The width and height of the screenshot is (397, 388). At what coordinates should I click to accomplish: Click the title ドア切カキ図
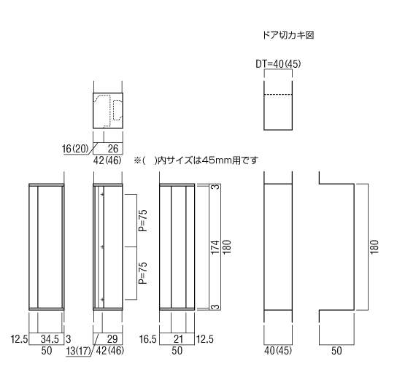[x=288, y=35]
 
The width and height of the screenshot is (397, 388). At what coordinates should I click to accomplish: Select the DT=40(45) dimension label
[x=278, y=64]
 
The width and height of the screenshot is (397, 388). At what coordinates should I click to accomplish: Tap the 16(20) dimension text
[x=75, y=149]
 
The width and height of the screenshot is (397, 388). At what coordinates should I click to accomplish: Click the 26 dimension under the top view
[x=113, y=149]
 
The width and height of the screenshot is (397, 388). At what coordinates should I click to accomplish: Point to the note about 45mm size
[x=196, y=160]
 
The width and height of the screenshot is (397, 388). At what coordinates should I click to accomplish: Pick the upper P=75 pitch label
[x=143, y=220]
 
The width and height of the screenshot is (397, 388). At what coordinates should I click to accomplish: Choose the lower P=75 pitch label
[x=143, y=273]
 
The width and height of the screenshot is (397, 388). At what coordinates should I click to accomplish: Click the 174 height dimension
[x=215, y=247]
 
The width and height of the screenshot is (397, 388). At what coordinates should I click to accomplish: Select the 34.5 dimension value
[x=50, y=339]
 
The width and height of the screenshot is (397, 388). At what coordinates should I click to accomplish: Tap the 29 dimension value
[x=112, y=339]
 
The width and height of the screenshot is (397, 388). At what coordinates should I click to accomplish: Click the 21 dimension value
[x=178, y=339]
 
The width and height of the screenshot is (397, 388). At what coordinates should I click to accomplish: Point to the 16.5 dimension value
[x=148, y=339]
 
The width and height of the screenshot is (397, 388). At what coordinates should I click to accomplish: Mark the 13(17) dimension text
[x=78, y=351]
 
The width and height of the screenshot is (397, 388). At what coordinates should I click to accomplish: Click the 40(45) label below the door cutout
[x=278, y=351]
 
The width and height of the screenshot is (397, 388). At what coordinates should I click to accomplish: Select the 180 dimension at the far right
[x=374, y=247]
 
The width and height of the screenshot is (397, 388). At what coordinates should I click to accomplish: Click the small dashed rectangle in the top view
[x=118, y=110]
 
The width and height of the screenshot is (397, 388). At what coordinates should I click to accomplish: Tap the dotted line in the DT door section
[x=278, y=94]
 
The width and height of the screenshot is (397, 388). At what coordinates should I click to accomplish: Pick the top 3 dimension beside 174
[x=216, y=187]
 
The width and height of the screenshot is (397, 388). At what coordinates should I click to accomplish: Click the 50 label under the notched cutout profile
[x=336, y=351]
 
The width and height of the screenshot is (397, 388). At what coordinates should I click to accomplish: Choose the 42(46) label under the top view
[x=107, y=160]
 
